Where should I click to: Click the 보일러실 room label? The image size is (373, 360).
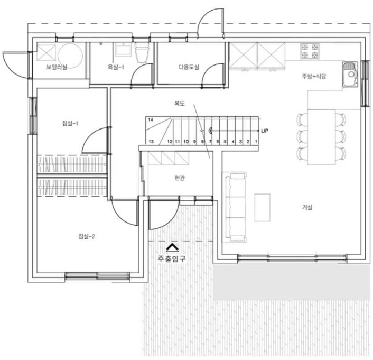click(x=57, y=67)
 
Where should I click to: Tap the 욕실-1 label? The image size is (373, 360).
click(x=116, y=67)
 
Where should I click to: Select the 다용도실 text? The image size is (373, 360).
click(x=189, y=67)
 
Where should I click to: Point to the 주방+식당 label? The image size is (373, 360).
click(x=314, y=76)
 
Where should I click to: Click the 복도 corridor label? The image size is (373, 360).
click(x=180, y=103)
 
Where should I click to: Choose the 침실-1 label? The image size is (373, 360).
click(x=70, y=123)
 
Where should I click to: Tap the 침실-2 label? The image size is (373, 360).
click(x=87, y=236)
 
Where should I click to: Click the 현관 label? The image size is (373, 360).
click(x=180, y=178)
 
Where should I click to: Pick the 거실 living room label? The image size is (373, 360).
click(x=307, y=207)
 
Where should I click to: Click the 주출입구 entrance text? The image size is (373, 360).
click(x=172, y=259)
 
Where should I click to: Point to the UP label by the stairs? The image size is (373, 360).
click(x=265, y=131)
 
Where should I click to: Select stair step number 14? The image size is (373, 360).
click(x=151, y=119)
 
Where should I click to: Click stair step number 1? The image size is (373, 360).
click(x=256, y=142)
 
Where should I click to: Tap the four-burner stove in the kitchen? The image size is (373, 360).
click(x=310, y=51)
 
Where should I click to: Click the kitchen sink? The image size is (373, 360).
click(x=350, y=74)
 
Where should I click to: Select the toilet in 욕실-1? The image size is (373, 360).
click(x=142, y=53)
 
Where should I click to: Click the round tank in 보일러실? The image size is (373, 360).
click(x=70, y=56)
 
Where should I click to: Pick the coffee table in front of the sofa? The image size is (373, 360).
click(x=263, y=208)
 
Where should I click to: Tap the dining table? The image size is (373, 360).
click(x=321, y=137)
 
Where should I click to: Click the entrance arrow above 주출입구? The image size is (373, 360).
click(x=172, y=247)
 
